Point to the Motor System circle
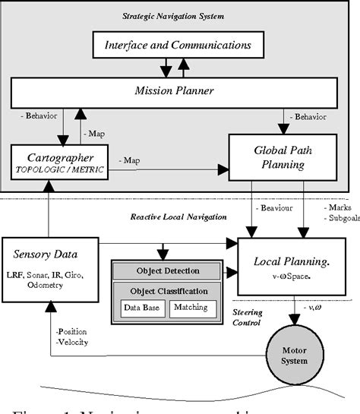click(x=295, y=356)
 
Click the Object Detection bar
click(x=166, y=270)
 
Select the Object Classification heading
click(x=166, y=291)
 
